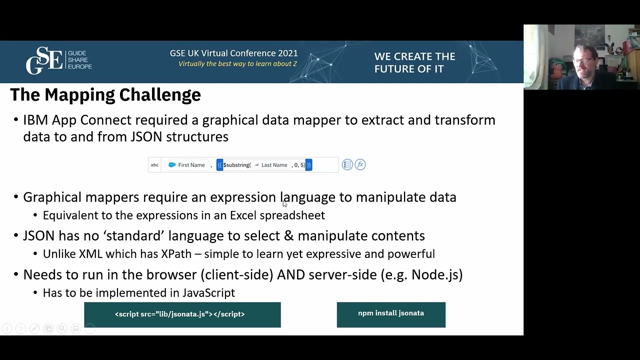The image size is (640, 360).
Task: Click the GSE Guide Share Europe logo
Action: coord(58,60)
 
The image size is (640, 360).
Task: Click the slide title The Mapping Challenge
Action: coord(105,94)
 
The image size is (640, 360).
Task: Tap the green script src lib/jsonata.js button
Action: coord(182,314)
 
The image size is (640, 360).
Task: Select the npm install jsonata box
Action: coord(390,314)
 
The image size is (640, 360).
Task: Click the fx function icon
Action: coord(360,164)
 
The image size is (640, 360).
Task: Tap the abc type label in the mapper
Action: coord(154,165)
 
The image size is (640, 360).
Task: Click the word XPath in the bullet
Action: coord(176,254)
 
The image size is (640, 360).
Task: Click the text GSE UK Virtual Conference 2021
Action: coord(233,53)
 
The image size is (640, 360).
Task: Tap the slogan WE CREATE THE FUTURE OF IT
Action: coord(414,62)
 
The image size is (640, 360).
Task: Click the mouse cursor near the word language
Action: coord(284,203)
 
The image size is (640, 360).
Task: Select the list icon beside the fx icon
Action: coord(347,164)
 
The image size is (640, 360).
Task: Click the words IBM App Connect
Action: coord(77,120)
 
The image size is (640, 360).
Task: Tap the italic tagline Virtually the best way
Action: coord(237,64)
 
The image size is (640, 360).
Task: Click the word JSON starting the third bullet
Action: coord(38,236)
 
